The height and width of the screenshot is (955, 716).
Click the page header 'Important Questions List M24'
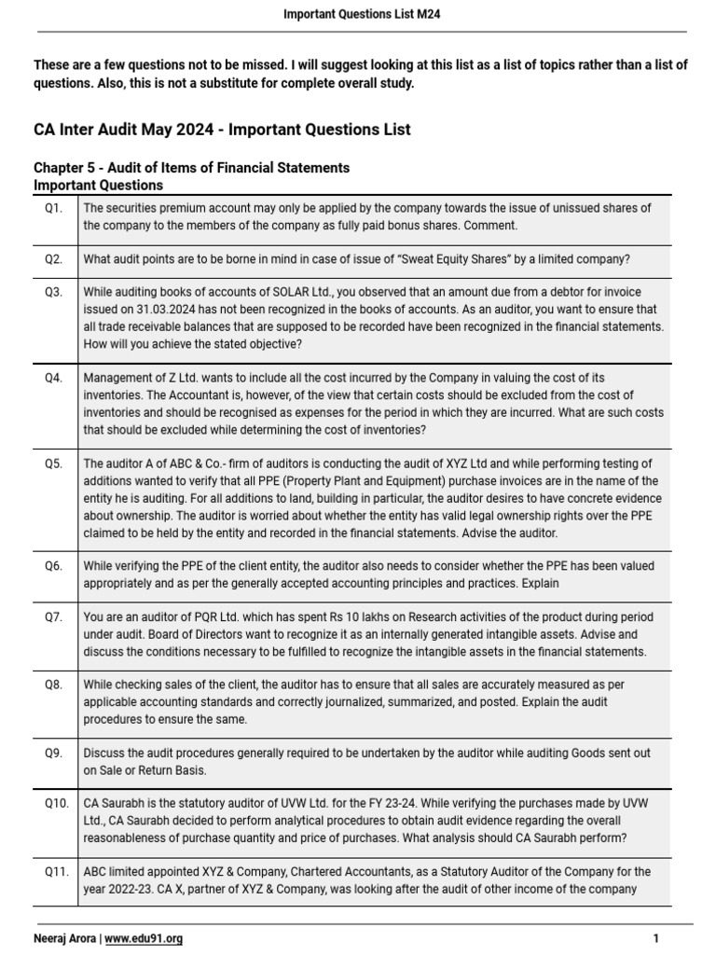click(x=358, y=14)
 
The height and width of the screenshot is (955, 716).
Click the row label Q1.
click(x=54, y=208)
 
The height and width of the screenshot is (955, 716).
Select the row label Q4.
click(x=54, y=378)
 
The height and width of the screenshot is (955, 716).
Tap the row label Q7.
click(x=54, y=617)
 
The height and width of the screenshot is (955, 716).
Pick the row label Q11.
click(x=56, y=872)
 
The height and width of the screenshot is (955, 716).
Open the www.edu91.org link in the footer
click(x=144, y=938)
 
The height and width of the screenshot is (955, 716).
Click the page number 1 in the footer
click(x=656, y=938)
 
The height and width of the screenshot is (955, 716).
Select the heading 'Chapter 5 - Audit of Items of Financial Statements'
click(x=192, y=168)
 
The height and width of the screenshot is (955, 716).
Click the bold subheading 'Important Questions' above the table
click(x=98, y=186)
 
